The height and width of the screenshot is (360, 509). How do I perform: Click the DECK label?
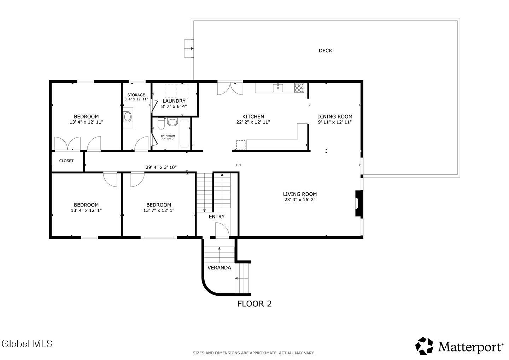click(x=325, y=51)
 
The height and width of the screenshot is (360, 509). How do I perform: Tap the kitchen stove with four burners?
click(x=299, y=88)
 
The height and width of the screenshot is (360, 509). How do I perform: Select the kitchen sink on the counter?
click(x=278, y=88)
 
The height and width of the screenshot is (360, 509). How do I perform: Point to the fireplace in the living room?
click(x=359, y=203)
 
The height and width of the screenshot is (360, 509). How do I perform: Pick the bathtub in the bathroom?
click(x=184, y=133)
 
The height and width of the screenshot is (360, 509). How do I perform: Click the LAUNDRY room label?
click(x=174, y=101)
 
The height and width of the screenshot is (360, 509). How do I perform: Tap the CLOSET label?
click(x=66, y=161)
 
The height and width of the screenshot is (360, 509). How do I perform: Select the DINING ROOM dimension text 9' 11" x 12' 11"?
click(x=335, y=122)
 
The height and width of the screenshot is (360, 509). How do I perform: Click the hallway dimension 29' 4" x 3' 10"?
click(x=161, y=167)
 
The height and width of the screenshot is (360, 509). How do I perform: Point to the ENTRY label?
click(x=217, y=216)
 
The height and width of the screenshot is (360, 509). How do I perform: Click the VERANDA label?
click(x=219, y=268)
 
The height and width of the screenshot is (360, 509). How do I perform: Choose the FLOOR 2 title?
click(x=255, y=304)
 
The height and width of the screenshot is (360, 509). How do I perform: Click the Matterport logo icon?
click(x=424, y=346)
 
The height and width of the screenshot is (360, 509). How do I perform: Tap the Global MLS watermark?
click(x=27, y=344)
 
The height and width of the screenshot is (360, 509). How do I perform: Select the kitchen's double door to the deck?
click(x=230, y=89)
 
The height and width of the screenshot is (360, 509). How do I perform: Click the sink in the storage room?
click(x=127, y=117)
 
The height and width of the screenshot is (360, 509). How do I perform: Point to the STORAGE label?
click(x=136, y=95)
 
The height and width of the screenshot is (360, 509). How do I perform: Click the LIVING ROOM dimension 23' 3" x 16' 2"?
click(x=300, y=199)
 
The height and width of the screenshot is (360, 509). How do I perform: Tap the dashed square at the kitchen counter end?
click(x=241, y=145)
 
